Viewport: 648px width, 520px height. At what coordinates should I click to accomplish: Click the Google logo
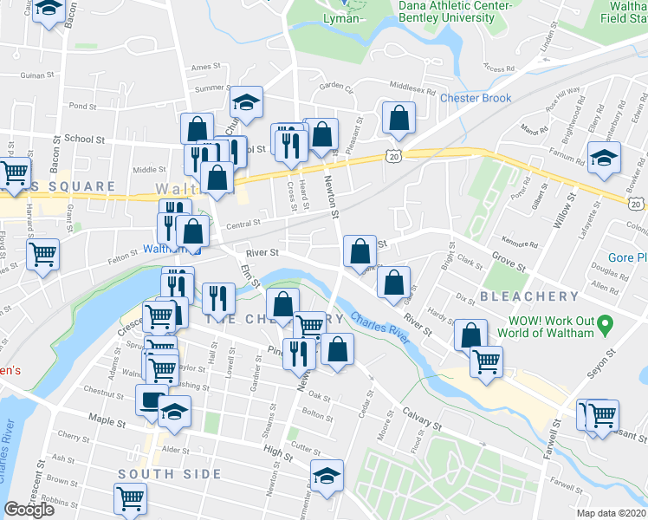coord(29,510)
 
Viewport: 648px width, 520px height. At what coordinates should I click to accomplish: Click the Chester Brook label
coord(476,99)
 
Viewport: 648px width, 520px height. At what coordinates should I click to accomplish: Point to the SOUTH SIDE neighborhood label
coord(170,474)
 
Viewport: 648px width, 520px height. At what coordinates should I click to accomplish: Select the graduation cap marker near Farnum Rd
coord(604,158)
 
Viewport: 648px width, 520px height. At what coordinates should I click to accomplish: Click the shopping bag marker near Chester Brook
coord(398,118)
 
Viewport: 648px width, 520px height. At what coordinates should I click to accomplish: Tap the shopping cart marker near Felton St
coord(42,255)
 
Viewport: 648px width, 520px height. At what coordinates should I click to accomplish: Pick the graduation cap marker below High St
coord(327,476)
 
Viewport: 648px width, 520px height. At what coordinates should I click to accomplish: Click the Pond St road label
coord(82,107)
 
